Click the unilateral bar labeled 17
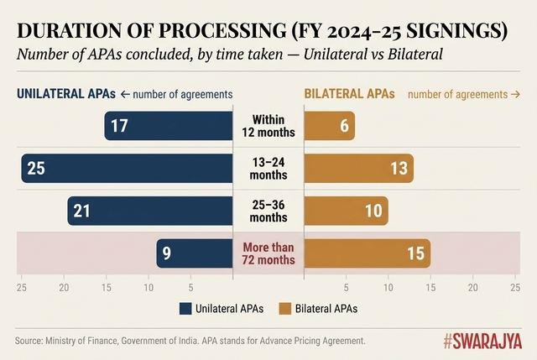[168, 126]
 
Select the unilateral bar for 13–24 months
[126, 169]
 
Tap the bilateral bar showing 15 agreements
[367, 253]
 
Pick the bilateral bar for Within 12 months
[329, 126]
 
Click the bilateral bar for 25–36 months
[346, 211]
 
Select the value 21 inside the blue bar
[81, 211]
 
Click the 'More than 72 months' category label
[268, 253]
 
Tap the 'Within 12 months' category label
[268, 126]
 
